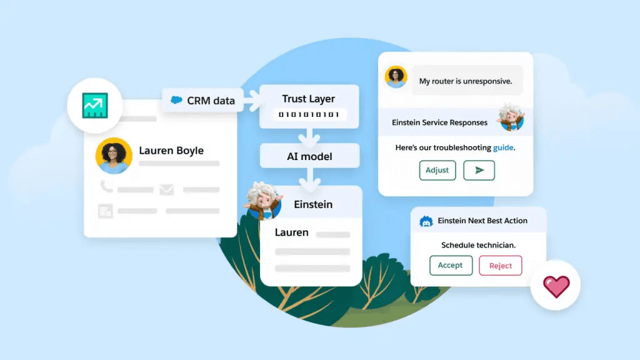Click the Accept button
coord(450,266)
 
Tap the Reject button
coord(500,266)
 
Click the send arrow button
coord(479,170)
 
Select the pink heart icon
coord(556,287)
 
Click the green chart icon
coord(95,106)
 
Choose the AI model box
coord(309,156)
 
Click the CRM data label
coord(202,100)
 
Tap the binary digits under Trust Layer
coord(309,114)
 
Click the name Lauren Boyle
coord(171,151)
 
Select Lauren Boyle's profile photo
coord(114,156)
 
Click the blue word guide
coord(504,148)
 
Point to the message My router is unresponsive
coord(466,81)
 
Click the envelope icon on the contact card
coord(166,189)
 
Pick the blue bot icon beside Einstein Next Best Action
coord(426,221)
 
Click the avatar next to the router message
coord(396,77)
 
